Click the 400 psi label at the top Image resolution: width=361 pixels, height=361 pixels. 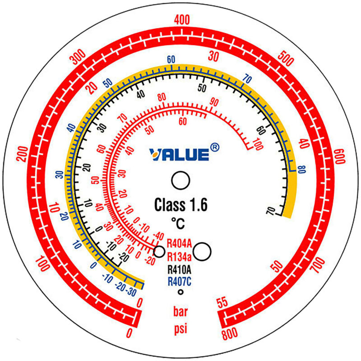click(182, 20)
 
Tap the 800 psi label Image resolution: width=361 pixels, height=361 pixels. click(230, 333)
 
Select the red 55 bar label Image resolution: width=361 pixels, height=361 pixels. click(222, 303)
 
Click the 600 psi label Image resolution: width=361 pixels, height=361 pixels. click(340, 156)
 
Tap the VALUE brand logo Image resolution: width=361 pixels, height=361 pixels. click(179, 154)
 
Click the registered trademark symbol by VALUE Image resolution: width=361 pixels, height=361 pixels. click(215, 148)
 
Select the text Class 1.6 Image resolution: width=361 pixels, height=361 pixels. click(181, 205)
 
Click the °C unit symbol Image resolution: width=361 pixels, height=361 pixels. click(178, 223)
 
